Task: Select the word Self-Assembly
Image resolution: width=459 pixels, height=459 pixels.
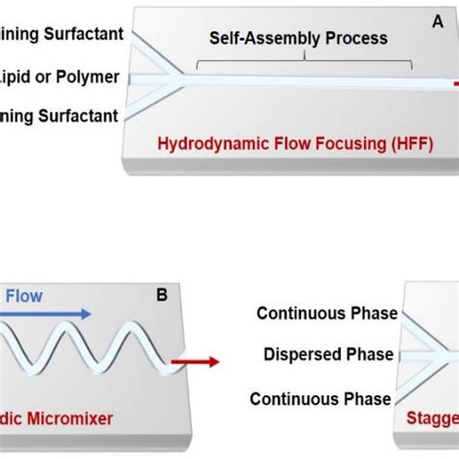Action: (250, 39)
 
